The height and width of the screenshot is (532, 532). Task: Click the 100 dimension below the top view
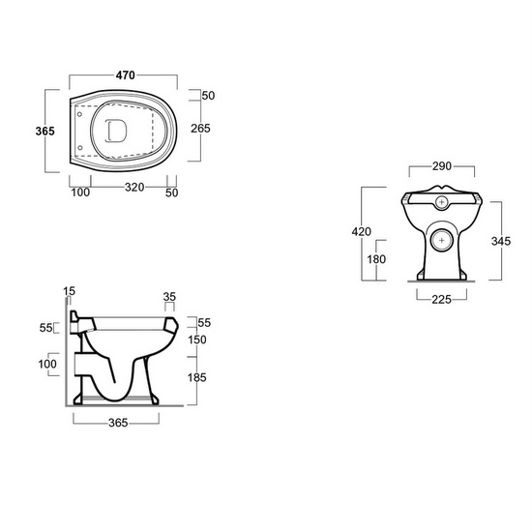pyautogui.click(x=79, y=192)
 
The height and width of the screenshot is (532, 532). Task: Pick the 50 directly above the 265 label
pyautogui.click(x=208, y=95)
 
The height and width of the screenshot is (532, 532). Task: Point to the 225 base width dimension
pyautogui.click(x=442, y=300)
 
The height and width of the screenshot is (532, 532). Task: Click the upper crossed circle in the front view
pyautogui.click(x=442, y=204)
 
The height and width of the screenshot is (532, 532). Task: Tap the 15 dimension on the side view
pyautogui.click(x=69, y=291)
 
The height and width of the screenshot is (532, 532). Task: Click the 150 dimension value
pyautogui.click(x=198, y=340)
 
